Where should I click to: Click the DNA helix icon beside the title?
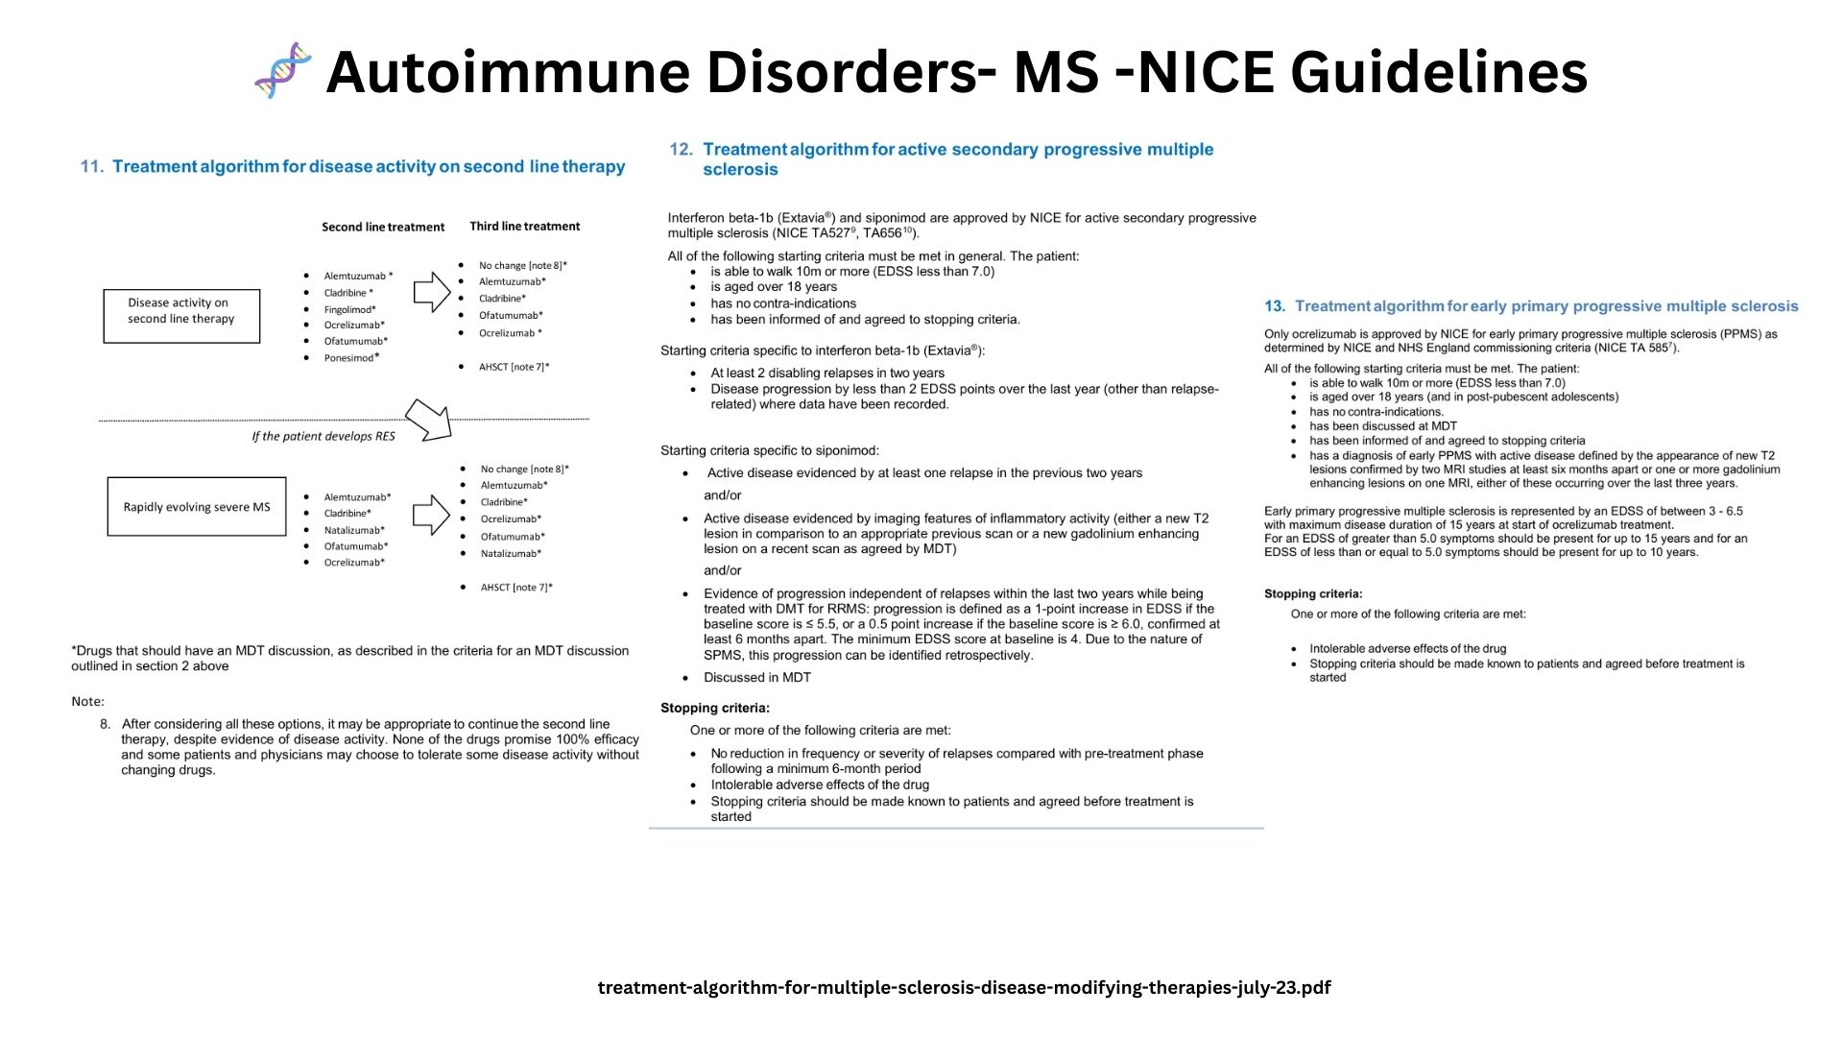[283, 70]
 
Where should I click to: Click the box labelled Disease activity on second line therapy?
[181, 316]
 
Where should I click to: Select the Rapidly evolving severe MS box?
[197, 507]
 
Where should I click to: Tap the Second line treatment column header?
[383, 228]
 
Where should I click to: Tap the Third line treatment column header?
[524, 227]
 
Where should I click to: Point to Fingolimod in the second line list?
[349, 309]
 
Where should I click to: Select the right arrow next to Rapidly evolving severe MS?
[431, 515]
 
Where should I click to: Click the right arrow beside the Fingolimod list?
[432, 292]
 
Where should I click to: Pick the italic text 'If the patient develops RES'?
[323, 436]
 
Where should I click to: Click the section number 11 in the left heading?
[91, 167]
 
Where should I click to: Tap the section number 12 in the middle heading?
[681, 150]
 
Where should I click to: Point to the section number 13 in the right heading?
[1274, 306]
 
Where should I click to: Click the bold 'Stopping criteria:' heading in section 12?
[715, 709]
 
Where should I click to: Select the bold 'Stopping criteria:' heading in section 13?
[1313, 594]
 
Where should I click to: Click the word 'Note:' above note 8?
[87, 702]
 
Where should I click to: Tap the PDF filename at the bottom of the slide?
[964, 988]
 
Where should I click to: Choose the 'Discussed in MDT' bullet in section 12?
[756, 678]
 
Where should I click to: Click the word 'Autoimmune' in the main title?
[508, 72]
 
